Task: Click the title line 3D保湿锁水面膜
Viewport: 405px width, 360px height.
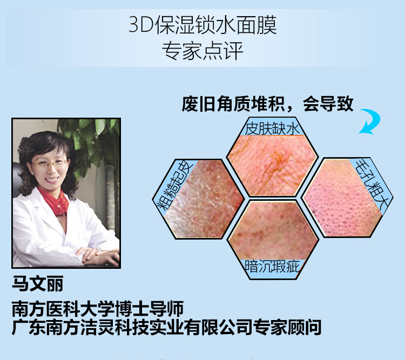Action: point(202,25)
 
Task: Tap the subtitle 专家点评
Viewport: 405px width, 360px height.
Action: point(202,50)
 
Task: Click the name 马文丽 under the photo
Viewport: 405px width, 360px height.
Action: point(38,283)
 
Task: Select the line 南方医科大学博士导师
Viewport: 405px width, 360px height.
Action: point(98,309)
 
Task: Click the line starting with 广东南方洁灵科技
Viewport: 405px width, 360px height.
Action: point(167,327)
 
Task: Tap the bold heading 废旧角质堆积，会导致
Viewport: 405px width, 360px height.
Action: point(267,104)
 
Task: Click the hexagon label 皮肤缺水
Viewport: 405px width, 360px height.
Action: point(272,128)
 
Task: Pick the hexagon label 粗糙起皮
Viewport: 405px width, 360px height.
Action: point(174,185)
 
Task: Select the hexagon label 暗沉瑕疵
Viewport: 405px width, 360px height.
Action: point(272,267)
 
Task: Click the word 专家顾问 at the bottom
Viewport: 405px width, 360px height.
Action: point(287,327)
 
